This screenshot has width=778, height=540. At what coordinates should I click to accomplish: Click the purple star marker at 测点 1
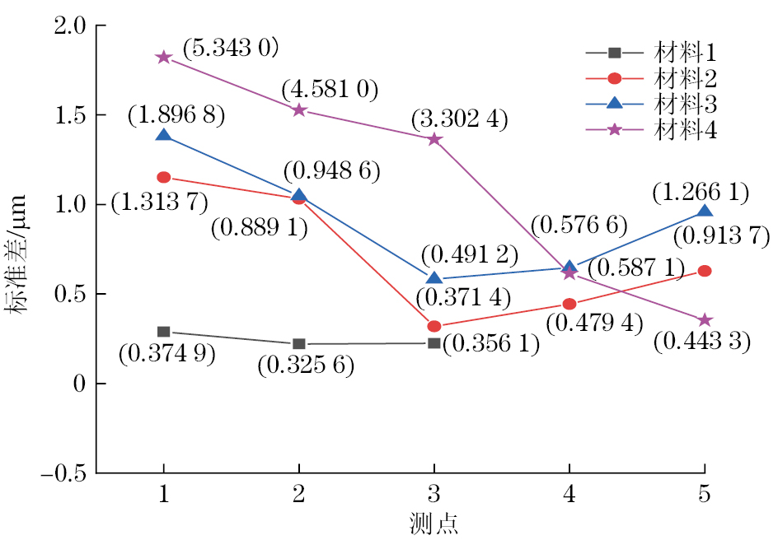tap(163, 58)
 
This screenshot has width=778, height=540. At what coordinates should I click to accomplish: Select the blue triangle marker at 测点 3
tap(434, 278)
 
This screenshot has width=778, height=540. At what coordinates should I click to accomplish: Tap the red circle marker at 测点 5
tap(705, 271)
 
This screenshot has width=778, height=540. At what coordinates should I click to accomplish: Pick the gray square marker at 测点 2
tap(299, 343)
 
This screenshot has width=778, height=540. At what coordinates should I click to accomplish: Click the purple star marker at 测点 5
tap(705, 319)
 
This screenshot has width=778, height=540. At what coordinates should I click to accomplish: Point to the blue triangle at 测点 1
tap(163, 134)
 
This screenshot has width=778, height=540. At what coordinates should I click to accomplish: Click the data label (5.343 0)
tap(230, 47)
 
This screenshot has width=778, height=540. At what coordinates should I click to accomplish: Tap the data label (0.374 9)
tap(167, 354)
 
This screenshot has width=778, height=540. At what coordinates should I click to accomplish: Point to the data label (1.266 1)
tap(701, 193)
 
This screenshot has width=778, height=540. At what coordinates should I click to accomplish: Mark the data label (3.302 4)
tap(461, 120)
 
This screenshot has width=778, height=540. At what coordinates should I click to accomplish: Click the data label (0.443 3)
tap(702, 342)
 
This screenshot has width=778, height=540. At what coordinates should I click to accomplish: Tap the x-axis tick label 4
tap(569, 496)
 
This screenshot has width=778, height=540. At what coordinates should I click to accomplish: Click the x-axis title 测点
tap(434, 524)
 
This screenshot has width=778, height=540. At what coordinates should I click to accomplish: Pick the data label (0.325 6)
tap(306, 365)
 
